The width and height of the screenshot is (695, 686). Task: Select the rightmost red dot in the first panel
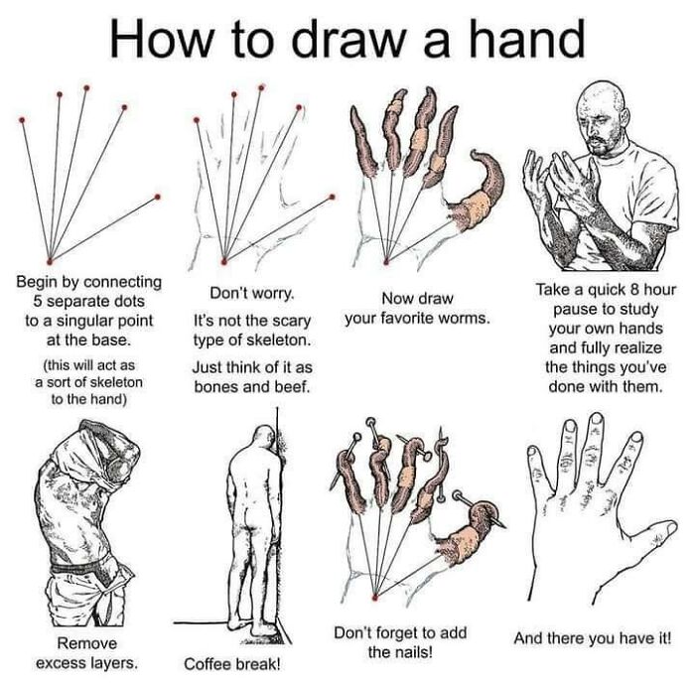coord(157,198)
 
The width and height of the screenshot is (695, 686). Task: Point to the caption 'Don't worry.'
coord(251,295)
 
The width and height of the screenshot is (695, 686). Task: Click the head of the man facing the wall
coord(260,438)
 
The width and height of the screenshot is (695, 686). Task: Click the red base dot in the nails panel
coord(373,599)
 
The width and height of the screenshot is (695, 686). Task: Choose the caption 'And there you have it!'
coord(592,638)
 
